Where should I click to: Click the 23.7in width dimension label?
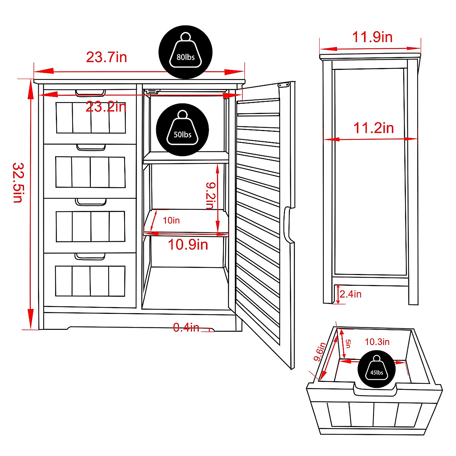(x=106, y=57)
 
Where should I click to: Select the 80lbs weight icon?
(x=185, y=52)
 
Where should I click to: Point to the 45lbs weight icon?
(x=377, y=369)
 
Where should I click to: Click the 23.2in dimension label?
(x=106, y=107)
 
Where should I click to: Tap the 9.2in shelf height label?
(x=210, y=195)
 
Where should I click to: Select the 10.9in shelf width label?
(x=188, y=244)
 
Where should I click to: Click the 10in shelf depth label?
(x=171, y=220)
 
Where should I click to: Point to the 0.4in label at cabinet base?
(x=186, y=328)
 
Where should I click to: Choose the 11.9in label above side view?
(x=372, y=37)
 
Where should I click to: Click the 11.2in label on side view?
(x=374, y=128)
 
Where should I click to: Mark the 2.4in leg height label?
(x=350, y=294)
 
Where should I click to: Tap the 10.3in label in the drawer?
(x=377, y=342)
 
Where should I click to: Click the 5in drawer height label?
(x=348, y=344)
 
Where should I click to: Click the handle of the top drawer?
(x=90, y=93)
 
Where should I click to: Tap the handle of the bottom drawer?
(x=90, y=257)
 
